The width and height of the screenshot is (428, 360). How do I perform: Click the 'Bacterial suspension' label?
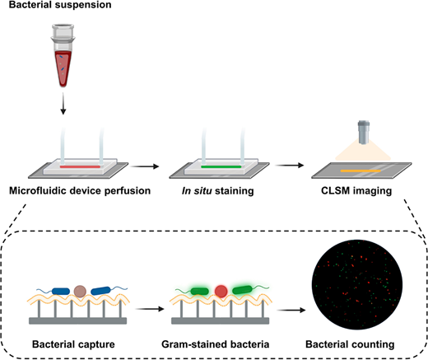(x=60, y=5)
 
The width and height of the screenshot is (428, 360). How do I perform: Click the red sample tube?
(x=63, y=56)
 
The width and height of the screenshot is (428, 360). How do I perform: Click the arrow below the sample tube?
(x=63, y=103)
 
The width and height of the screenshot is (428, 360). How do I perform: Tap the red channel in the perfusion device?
(x=80, y=166)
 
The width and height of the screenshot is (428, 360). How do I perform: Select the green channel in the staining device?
(x=221, y=166)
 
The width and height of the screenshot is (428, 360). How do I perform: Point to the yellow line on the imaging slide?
(x=361, y=171)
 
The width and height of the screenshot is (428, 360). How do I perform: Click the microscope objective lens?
(x=364, y=132)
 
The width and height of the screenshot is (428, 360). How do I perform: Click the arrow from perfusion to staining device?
(x=145, y=166)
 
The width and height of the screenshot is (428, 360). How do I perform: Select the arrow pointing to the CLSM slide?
(x=290, y=166)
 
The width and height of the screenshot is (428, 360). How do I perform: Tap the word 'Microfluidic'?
(x=38, y=190)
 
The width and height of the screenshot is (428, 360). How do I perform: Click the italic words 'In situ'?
(x=197, y=190)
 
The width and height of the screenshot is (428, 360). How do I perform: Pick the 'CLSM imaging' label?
(x=356, y=191)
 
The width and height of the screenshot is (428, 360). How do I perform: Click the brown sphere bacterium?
(x=80, y=292)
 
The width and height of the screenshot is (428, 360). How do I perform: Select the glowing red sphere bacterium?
(x=221, y=292)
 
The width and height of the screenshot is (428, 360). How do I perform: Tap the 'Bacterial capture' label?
(x=73, y=344)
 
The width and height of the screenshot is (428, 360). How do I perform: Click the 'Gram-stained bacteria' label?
(x=216, y=344)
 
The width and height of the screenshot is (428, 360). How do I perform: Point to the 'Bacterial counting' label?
(x=350, y=344)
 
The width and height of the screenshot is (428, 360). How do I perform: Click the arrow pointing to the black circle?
(x=291, y=311)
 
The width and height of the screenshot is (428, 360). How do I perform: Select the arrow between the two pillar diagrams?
(x=150, y=309)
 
